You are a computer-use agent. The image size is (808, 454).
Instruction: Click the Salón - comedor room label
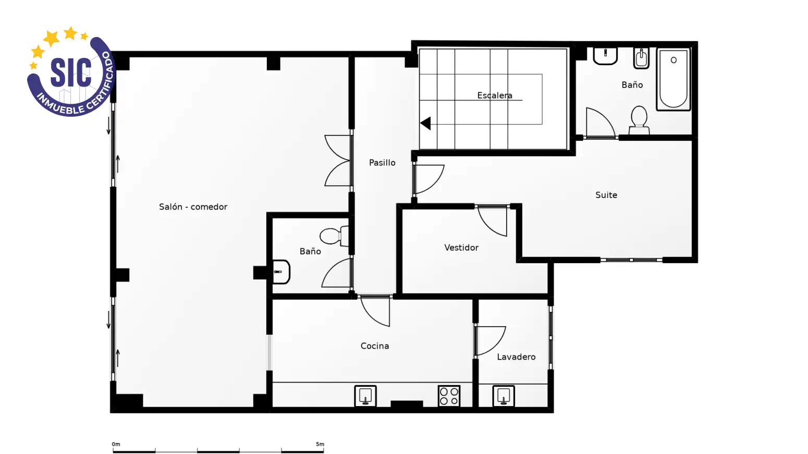click(193, 206)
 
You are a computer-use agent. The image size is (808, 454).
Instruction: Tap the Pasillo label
click(382, 163)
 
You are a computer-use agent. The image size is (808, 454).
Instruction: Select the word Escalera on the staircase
click(495, 95)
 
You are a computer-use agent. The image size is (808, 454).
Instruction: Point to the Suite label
click(606, 195)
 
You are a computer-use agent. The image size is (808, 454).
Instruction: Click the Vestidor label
click(461, 248)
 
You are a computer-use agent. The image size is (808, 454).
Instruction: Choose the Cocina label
click(375, 346)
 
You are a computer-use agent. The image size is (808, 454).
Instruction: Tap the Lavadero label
click(516, 357)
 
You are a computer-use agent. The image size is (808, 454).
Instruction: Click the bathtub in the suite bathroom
click(674, 79)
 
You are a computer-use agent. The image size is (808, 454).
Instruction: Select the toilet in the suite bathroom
click(639, 120)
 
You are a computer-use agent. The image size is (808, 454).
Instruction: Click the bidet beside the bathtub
click(641, 58)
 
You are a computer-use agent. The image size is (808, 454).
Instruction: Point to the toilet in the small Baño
click(334, 236)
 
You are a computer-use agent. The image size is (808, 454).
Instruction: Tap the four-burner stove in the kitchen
click(449, 396)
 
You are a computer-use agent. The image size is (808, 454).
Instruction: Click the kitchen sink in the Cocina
click(365, 396)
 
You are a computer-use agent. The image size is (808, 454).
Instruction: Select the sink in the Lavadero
click(504, 396)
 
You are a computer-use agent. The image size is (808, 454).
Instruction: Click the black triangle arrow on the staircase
click(426, 124)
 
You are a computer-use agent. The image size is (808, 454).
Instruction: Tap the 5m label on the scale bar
click(320, 444)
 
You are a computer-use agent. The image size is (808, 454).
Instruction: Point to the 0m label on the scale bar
click(116, 444)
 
